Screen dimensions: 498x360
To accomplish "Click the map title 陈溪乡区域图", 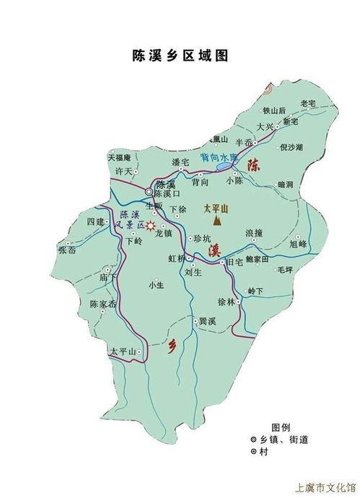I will click(x=180, y=55).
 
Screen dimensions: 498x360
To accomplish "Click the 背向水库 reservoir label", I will click(x=219, y=157).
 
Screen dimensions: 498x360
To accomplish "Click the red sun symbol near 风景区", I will click(x=152, y=226).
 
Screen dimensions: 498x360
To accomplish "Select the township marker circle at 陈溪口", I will click(x=149, y=193).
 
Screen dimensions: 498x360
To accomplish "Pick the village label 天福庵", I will click(x=119, y=157).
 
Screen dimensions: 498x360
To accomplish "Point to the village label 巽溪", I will click(x=208, y=320).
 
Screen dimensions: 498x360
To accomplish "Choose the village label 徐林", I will click(x=227, y=302).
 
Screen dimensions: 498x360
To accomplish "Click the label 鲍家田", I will click(x=256, y=258).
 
